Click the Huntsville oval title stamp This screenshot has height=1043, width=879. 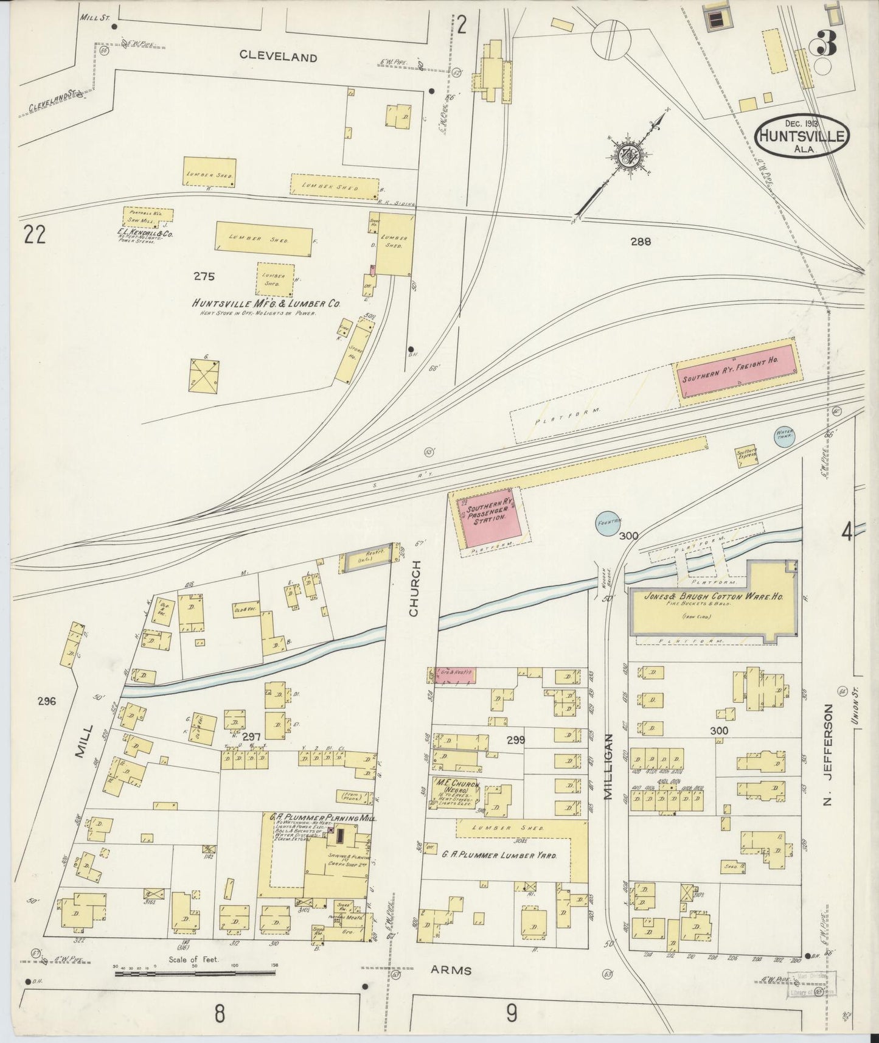[x=801, y=134]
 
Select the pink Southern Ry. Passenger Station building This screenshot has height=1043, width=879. [x=491, y=516]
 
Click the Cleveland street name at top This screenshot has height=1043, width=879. [x=278, y=57]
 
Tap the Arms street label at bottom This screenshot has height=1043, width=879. [x=454, y=971]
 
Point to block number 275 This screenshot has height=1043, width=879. [x=204, y=276]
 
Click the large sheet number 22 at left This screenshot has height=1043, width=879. [x=35, y=234]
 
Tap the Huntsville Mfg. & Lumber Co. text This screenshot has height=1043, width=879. [x=266, y=303]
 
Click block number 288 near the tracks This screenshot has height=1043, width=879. [x=640, y=242]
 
